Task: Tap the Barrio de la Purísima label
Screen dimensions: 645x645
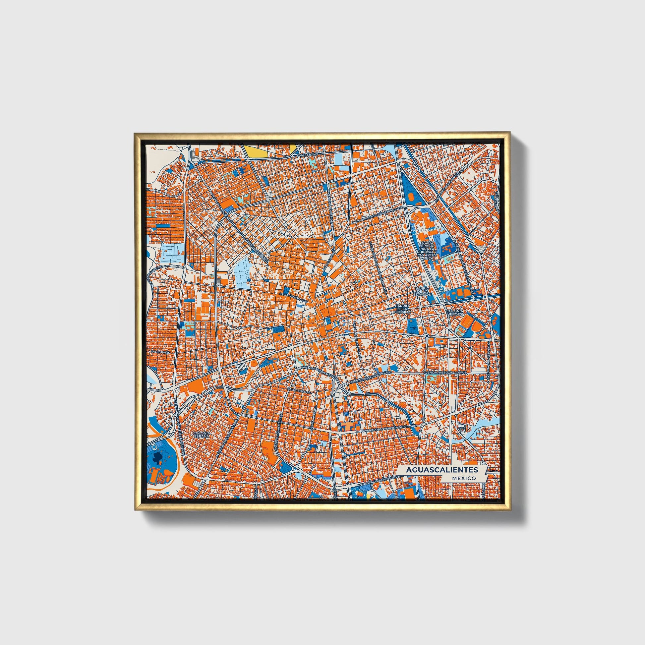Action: (x=402, y=309)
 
